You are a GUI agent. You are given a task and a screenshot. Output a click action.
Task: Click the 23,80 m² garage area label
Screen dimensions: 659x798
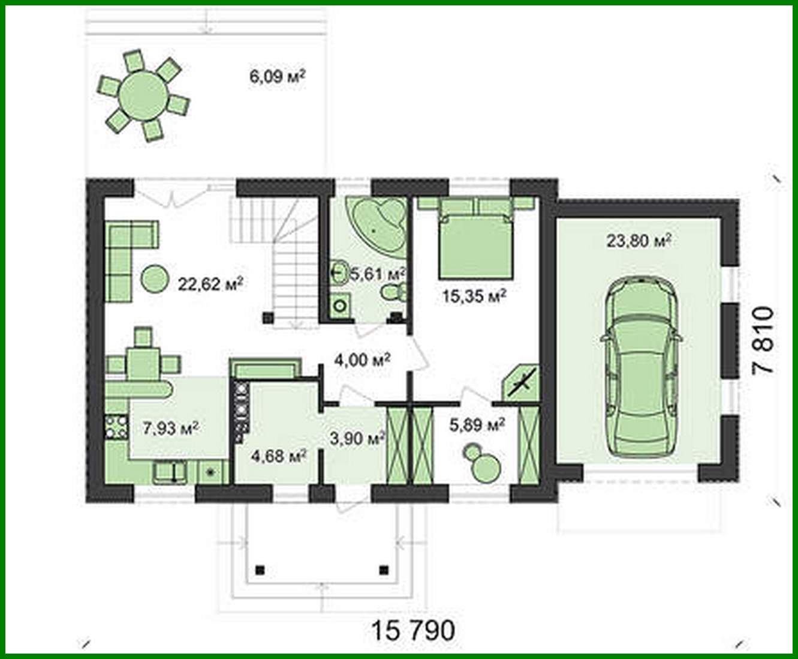[x=638, y=241]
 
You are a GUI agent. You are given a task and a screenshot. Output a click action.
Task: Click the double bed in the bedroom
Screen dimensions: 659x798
[x=476, y=240]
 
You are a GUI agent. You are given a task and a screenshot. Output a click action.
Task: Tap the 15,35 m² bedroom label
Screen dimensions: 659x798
[x=474, y=295]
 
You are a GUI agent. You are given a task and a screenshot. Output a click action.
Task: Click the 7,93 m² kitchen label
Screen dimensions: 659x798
[x=171, y=428]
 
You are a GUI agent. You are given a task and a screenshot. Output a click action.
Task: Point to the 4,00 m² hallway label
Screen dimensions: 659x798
[x=362, y=360]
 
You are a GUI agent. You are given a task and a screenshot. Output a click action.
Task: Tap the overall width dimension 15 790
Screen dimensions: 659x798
[x=413, y=631]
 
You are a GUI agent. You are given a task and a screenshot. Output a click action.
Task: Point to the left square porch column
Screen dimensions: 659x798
[x=260, y=569]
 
